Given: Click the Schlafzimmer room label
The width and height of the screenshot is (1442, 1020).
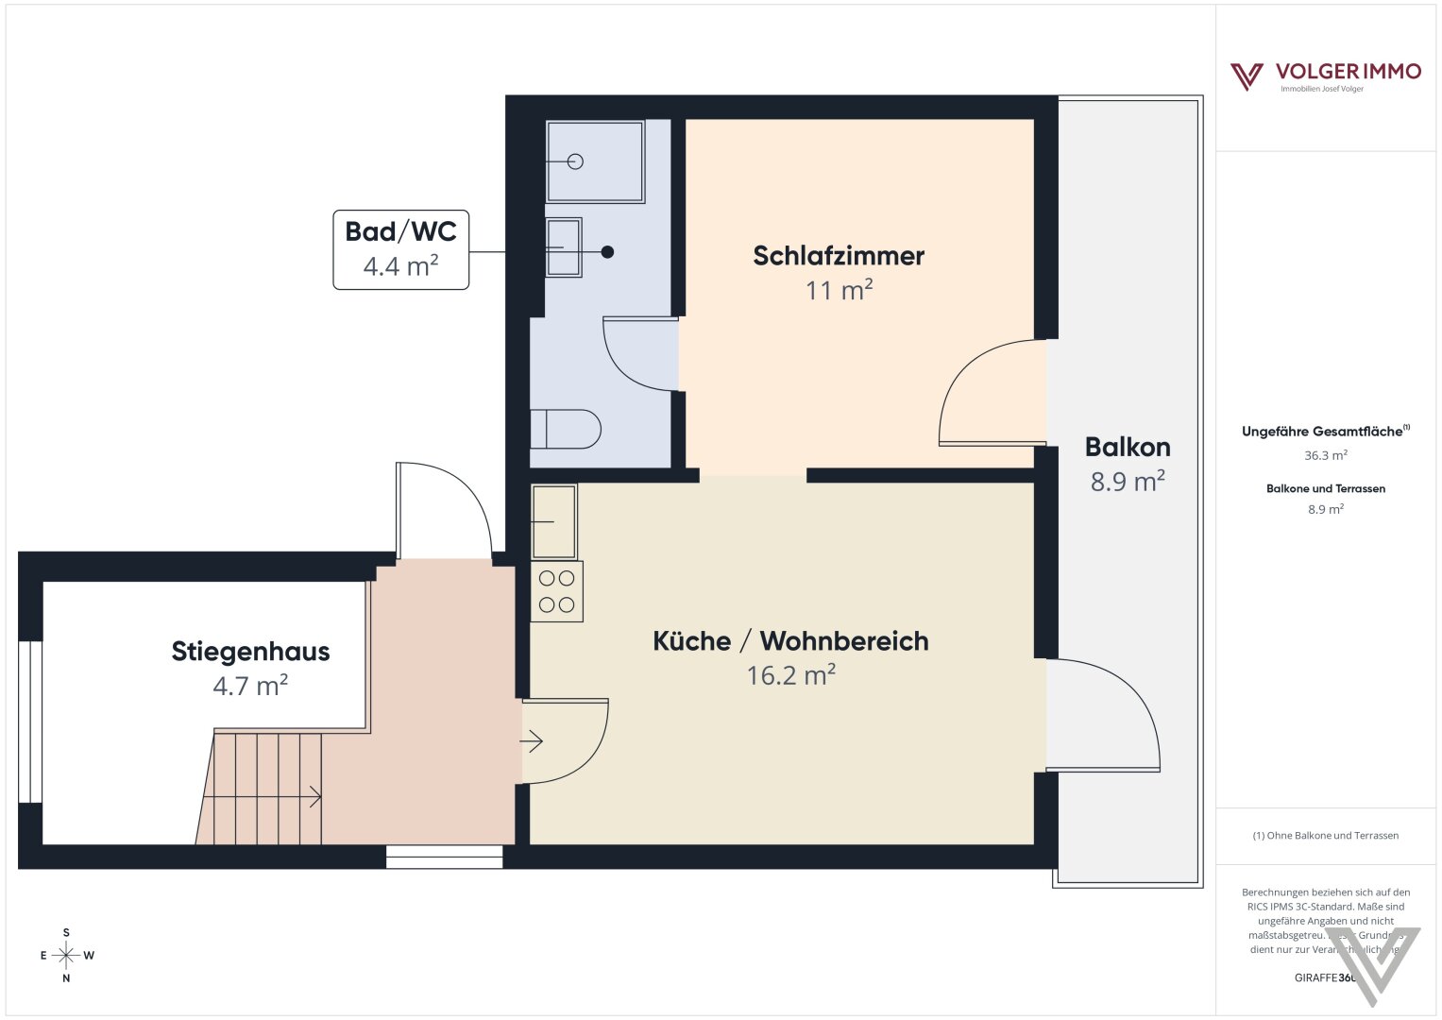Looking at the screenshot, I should [x=839, y=256].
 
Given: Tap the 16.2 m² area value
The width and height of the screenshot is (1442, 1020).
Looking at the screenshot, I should [x=790, y=675].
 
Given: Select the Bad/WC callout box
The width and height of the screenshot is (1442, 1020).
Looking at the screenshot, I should [x=400, y=249].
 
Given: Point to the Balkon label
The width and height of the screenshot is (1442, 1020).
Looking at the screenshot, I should [x=1128, y=447].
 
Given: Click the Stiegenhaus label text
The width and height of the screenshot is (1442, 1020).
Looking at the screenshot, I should [x=250, y=652].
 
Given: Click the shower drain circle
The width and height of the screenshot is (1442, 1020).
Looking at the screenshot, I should [x=575, y=161].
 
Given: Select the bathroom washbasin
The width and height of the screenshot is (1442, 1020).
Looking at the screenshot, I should [x=564, y=247].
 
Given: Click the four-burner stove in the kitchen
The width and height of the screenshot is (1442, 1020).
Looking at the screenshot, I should [x=557, y=592].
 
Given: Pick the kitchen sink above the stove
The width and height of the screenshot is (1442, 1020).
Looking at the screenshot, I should [x=554, y=521].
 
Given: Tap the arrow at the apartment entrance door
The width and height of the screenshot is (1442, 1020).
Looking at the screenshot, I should [x=532, y=742].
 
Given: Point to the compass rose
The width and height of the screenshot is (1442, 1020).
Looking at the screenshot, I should [x=66, y=956].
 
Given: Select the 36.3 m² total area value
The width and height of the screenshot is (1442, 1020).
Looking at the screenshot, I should [x=1325, y=455].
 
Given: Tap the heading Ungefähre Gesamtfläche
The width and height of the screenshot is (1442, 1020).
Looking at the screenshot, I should [x=1324, y=432].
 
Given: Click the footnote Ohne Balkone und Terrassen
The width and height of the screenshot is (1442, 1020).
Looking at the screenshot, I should [x=1325, y=836].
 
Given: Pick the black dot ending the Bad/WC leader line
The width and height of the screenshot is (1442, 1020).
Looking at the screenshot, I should [x=608, y=252].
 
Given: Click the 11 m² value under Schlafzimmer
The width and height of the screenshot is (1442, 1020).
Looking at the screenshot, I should [x=839, y=290].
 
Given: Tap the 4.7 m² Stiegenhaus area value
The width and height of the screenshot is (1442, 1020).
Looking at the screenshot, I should [x=250, y=686].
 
